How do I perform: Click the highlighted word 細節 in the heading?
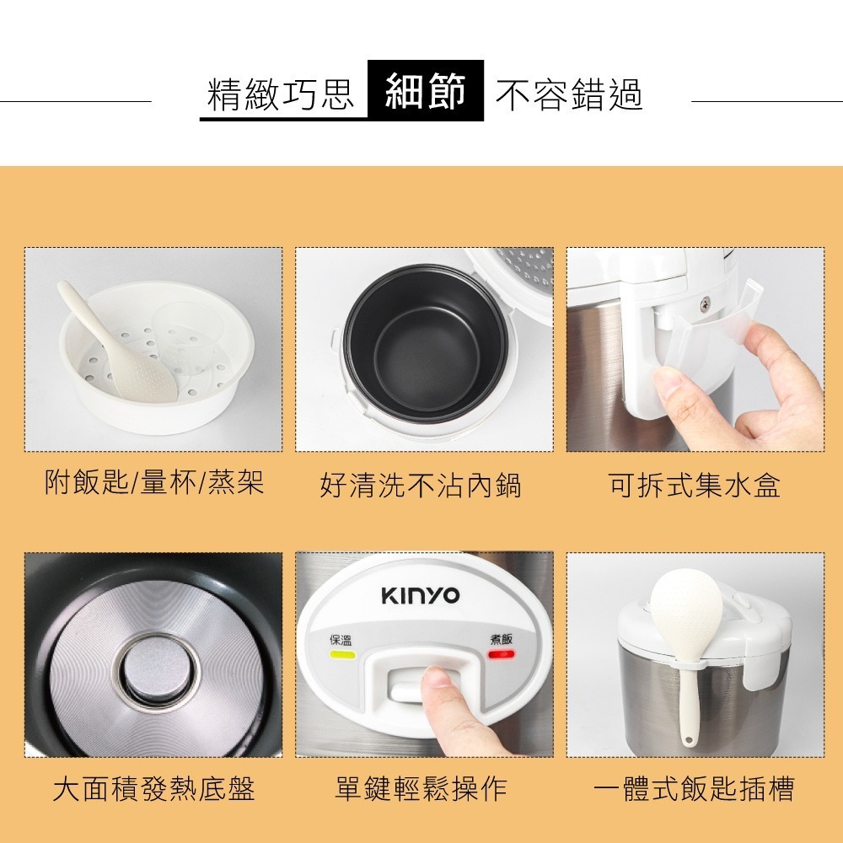[x=425, y=91]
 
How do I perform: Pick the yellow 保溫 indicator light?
[x=341, y=654]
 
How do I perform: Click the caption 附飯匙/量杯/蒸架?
[x=154, y=483]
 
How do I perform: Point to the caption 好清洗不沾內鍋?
[x=420, y=486]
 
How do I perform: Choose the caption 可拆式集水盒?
[x=694, y=486]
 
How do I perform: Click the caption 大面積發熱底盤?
[x=153, y=789]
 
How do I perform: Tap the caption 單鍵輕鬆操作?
[x=421, y=789]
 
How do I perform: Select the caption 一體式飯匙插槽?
[x=693, y=789]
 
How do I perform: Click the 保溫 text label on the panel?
[x=341, y=639]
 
